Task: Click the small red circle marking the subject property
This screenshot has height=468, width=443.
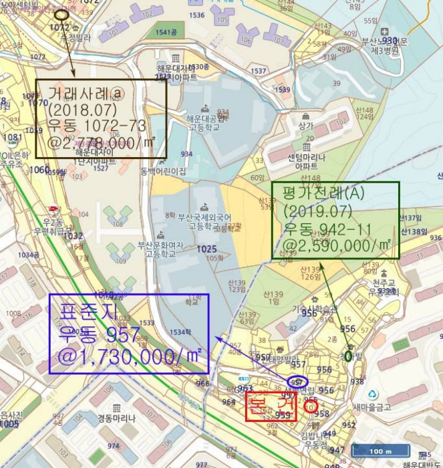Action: (309, 404)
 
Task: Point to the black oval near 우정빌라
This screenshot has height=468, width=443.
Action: (61, 14)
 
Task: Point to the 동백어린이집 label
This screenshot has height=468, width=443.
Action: (163, 171)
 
